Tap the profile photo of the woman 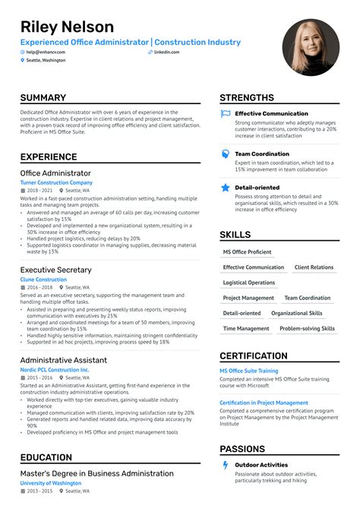pos(311,47)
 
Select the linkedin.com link pos(166,52)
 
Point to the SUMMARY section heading pos(43,98)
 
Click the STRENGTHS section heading pos(247,98)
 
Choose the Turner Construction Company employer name pos(56,183)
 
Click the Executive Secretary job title pos(55,270)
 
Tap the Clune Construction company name pos(43,280)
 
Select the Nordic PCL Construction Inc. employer pos(55,370)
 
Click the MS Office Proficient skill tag pos(247,252)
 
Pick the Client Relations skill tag pos(314,267)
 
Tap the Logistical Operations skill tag pos(249,283)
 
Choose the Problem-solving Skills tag pos(307,329)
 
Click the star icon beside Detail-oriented pos(226,187)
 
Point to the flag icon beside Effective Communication pos(226,114)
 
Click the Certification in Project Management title pos(264,403)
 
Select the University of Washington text pos(52,483)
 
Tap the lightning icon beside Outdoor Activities pos(226,465)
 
